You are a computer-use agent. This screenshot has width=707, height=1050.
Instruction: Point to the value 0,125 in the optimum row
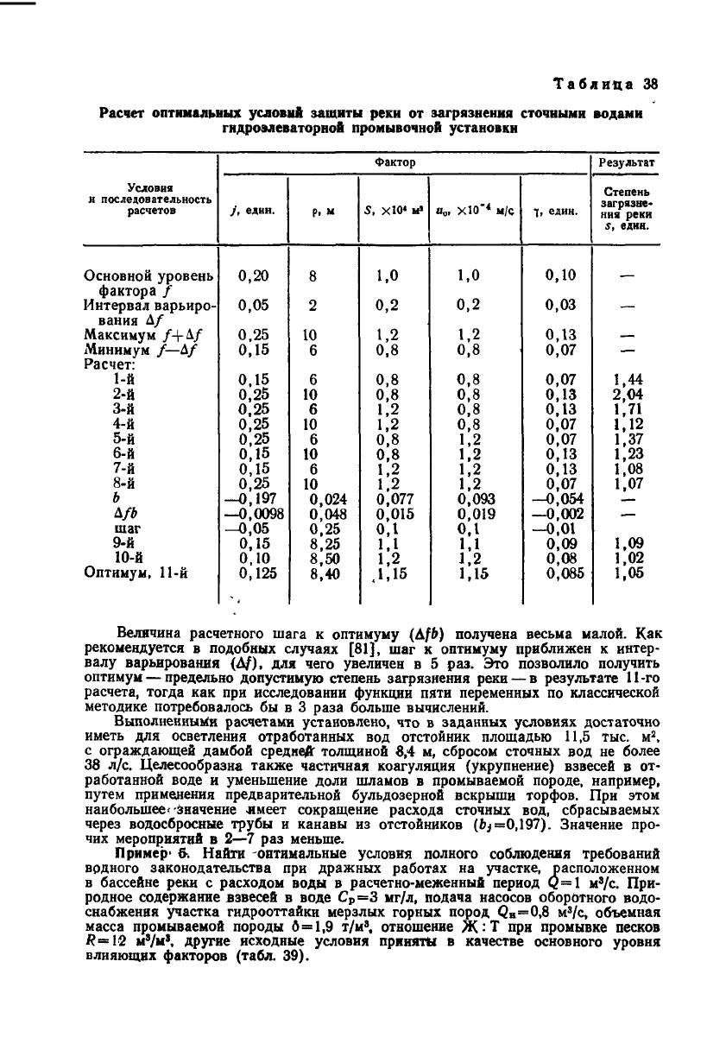[x=254, y=572]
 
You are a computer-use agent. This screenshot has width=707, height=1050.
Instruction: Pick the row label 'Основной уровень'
[x=148, y=276]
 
